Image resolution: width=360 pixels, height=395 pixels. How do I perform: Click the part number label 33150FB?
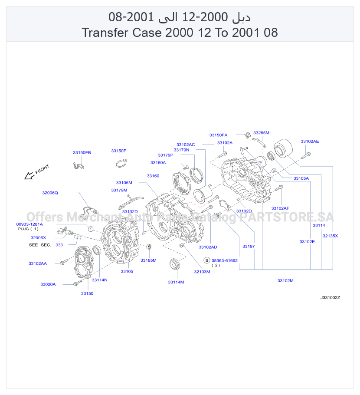point(82,153)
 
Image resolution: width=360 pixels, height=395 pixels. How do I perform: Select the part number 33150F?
point(118,151)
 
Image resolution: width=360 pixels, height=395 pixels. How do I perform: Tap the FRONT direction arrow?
point(29,176)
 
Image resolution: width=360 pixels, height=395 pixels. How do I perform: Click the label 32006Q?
point(50,193)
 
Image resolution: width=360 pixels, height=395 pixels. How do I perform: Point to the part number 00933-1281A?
point(29,224)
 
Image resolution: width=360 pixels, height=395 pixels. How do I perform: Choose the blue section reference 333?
point(59,245)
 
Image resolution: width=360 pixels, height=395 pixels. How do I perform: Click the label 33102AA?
point(37,263)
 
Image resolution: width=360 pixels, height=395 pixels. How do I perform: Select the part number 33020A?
point(48,284)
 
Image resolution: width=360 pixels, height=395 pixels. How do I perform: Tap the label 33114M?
point(176,282)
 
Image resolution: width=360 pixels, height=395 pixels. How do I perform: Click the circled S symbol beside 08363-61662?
point(207,260)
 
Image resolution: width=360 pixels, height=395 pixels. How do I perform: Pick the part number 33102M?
point(285,281)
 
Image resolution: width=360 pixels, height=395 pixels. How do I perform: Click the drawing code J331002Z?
point(330,298)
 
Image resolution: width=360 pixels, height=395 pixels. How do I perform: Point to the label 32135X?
point(331,236)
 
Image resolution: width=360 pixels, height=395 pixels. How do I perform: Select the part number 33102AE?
point(310,142)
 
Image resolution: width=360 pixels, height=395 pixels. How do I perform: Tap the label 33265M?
point(261,133)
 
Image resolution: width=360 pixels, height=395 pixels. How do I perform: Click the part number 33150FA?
point(218,135)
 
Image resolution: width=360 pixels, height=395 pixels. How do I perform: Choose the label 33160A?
point(158,163)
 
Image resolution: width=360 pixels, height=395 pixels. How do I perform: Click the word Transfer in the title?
point(105,33)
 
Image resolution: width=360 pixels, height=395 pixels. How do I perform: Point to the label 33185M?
point(148,260)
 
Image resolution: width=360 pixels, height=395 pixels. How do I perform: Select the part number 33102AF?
point(280,208)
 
